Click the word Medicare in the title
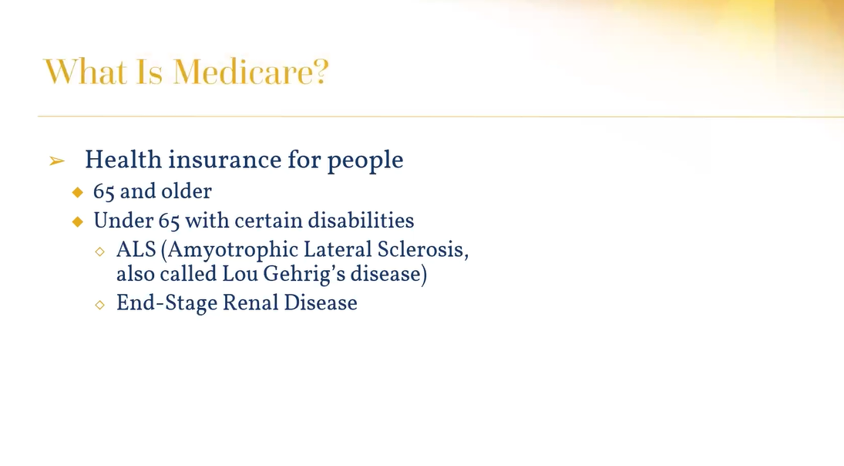(251, 72)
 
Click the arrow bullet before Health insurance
(57, 160)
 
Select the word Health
(123, 160)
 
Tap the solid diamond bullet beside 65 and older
(78, 192)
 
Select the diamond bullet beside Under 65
(78, 221)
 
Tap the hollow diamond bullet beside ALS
(99, 251)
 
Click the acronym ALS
(136, 249)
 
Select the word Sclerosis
(423, 249)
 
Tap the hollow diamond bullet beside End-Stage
(99, 305)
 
